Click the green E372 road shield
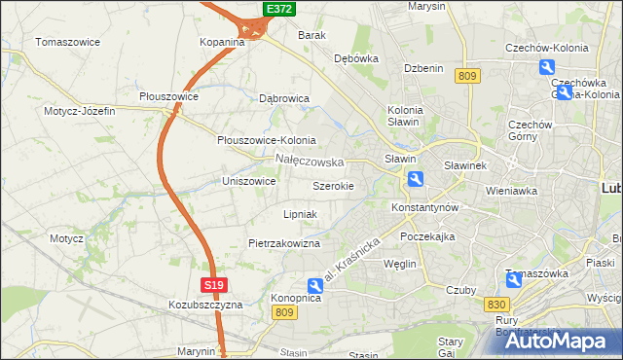[278, 9]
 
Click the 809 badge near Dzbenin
[467, 76]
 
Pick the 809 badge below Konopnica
[284, 311]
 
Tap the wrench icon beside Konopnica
[315, 286]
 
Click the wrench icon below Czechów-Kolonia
[547, 67]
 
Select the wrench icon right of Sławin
[416, 178]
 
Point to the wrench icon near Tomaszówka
[514, 280]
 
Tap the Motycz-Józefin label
[79, 111]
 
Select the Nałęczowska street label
[310, 161]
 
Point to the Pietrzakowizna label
[284, 243]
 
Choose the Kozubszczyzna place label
[204, 305]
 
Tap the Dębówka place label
[355, 58]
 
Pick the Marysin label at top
[426, 6]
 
